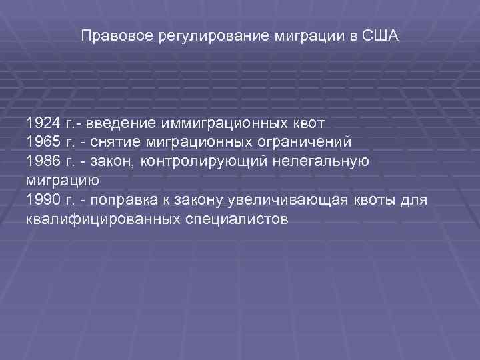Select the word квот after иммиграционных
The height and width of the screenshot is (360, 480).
click(309, 123)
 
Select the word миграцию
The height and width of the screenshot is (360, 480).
click(63, 181)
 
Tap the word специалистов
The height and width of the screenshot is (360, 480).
click(235, 219)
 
